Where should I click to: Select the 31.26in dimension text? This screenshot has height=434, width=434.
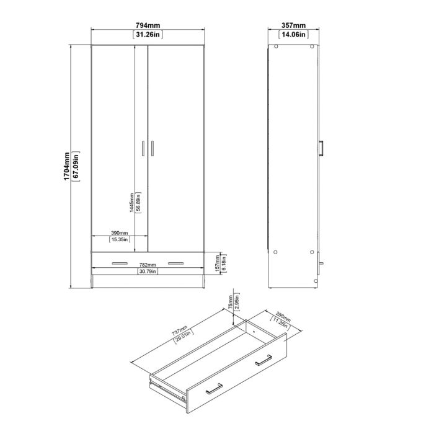(148, 35)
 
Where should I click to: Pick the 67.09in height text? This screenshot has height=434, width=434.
(75, 166)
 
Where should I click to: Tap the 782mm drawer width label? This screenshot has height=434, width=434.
(147, 265)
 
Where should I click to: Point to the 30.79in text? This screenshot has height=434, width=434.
(148, 272)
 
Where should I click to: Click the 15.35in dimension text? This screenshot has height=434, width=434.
(118, 239)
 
